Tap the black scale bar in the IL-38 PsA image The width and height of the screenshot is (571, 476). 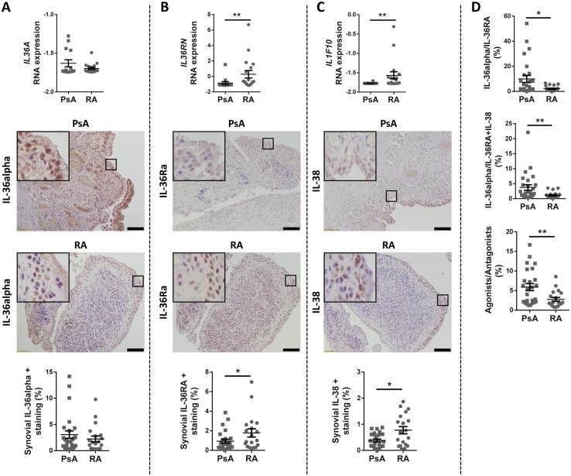(442, 228)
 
